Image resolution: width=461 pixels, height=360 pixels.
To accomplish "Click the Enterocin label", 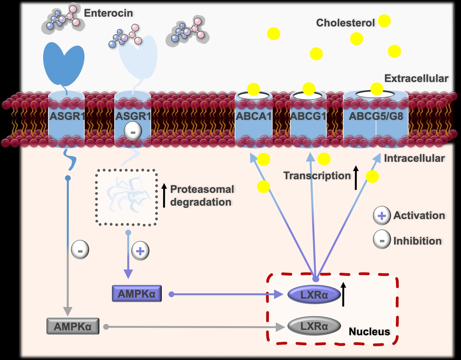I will coord(108,13).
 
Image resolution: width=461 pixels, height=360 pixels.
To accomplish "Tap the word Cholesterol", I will coord(345,23).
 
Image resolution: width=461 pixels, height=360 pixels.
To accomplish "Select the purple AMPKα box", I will coord(137,294).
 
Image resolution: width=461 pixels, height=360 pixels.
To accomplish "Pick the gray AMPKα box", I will coord(73,326).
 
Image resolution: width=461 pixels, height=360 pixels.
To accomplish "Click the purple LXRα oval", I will coord(314,294).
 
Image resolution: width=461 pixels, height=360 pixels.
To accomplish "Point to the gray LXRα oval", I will coord(314,326).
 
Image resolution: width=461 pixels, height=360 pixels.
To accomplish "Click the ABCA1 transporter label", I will coord(254,116).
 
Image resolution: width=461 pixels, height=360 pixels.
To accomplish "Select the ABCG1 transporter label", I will coord(308,116).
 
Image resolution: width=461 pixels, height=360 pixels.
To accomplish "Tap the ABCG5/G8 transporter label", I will coord(376,116).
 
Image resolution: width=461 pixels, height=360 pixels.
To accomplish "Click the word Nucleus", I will coord(369,332).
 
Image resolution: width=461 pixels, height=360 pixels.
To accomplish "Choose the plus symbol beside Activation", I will coord(382,216).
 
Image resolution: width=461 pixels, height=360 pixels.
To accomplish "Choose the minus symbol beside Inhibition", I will coord(382,241).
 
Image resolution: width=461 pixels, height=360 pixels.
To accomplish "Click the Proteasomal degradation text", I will coord(202,196).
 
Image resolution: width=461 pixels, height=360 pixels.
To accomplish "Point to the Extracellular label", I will coord(416,78).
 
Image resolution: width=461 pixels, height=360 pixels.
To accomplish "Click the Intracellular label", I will coord(414,158).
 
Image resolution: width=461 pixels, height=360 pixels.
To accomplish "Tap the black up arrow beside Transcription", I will coord(356,177).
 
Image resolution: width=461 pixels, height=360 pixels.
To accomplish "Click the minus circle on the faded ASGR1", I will coord(133,131).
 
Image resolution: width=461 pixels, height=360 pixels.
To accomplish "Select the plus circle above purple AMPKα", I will coord(140,251).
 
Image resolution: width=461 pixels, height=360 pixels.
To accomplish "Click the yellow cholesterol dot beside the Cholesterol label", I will coord(384,21).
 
